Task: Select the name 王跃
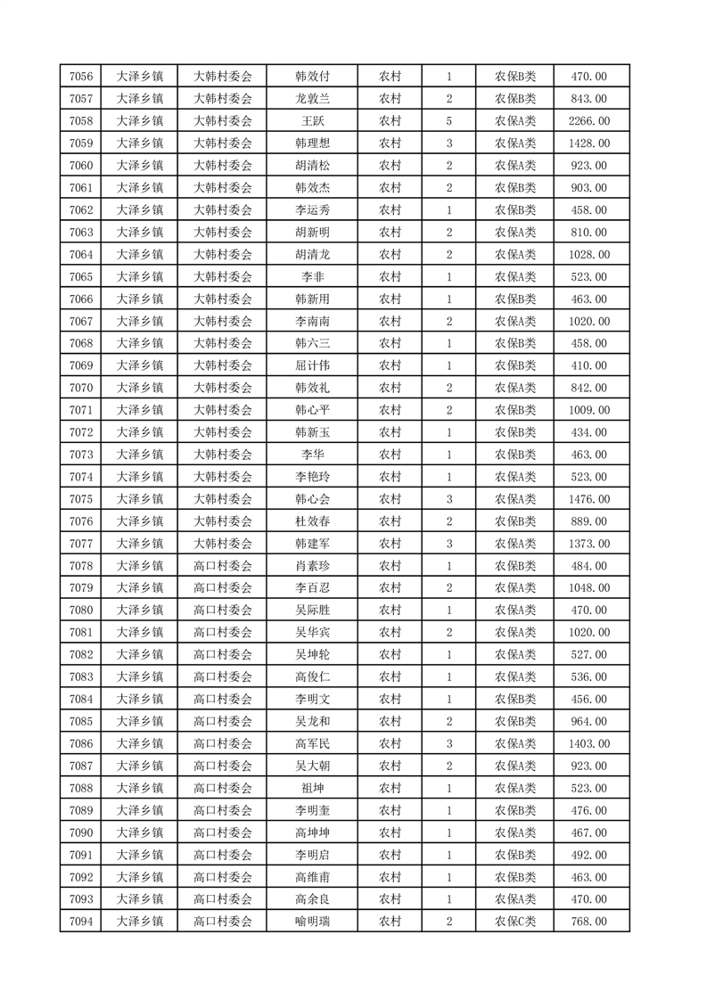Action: [312, 121]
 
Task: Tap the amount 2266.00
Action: [589, 121]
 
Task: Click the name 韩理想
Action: [312, 143]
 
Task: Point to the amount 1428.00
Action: [589, 143]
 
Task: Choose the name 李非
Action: [312, 277]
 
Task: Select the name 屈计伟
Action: [312, 365]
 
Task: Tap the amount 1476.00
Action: [589, 499]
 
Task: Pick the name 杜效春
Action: [312, 521]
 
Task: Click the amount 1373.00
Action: [589, 544]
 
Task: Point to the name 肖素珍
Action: [312, 566]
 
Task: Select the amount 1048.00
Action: [589, 588]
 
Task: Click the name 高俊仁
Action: [312, 676]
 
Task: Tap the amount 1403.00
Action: [589, 743]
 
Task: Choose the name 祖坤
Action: [312, 788]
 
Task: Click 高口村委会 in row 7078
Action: [223, 566]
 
